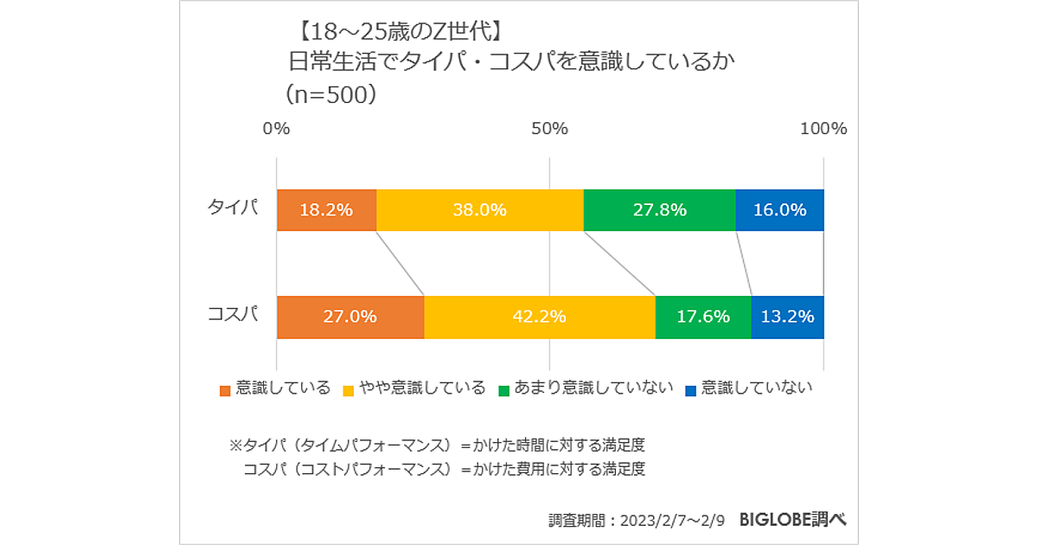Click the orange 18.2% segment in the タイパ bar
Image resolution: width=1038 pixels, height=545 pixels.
(x=326, y=210)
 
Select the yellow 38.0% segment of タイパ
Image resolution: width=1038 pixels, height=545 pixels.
(x=480, y=210)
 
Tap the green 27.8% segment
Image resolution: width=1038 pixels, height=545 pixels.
(x=659, y=210)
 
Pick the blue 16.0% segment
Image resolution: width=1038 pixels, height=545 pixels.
(x=779, y=210)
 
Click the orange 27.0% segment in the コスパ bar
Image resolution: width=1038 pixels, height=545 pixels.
(x=350, y=317)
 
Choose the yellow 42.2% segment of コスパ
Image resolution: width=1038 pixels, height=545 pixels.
(x=540, y=317)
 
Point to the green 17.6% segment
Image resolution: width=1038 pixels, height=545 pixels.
(x=703, y=317)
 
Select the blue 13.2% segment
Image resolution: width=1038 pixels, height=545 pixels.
(x=787, y=317)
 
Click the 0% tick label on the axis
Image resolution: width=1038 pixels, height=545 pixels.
(x=276, y=129)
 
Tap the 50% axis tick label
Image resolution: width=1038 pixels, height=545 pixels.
(x=549, y=129)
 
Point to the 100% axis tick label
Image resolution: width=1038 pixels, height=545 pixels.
(x=823, y=129)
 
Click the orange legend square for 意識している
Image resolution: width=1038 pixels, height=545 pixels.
(x=225, y=390)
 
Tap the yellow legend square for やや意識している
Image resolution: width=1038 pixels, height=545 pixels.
(x=349, y=390)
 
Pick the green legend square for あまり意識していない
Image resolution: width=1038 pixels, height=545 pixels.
(x=503, y=390)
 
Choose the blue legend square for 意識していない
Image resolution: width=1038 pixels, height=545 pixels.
(x=690, y=390)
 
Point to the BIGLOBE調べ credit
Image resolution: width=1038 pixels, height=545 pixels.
(x=792, y=520)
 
